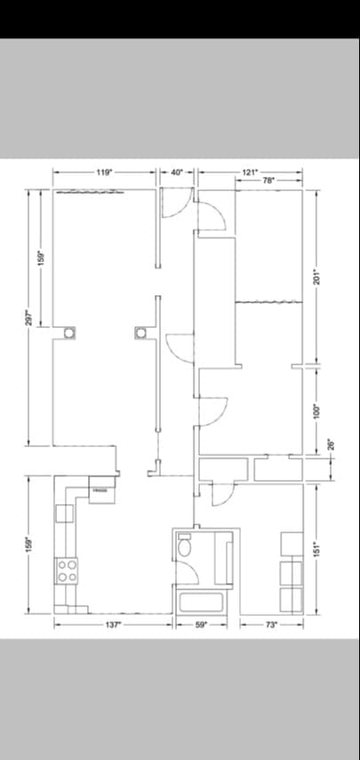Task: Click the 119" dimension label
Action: pos(104,172)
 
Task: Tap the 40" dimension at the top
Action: pos(177,172)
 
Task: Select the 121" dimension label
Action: pos(250,171)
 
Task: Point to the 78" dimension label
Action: pos(268,180)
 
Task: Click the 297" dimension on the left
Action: pos(28,317)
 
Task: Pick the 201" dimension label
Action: pos(316,276)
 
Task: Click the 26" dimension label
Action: pos(330,444)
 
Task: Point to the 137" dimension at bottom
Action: pos(112,625)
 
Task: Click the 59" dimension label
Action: pos(201,625)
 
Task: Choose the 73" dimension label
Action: pos(271,625)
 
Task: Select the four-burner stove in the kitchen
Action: pos(67,570)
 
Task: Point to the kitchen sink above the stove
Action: pos(63,513)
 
